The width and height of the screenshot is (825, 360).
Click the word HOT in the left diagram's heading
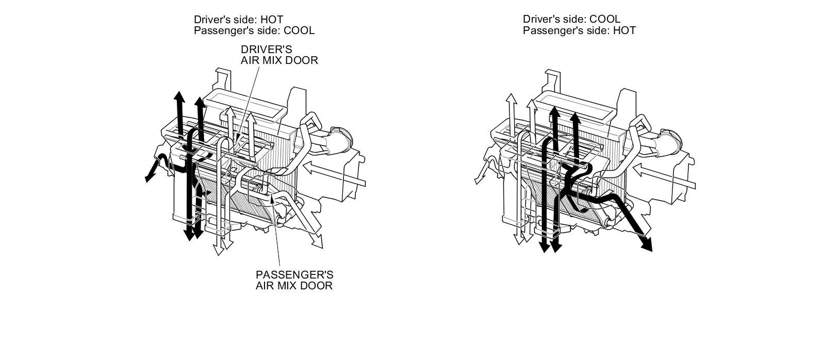272,20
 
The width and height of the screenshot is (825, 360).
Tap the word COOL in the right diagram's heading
605,20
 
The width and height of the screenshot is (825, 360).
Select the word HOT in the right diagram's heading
624,30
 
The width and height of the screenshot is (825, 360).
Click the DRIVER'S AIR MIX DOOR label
279,55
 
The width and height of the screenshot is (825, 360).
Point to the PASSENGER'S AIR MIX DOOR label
294,280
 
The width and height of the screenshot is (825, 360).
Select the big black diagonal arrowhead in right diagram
646,247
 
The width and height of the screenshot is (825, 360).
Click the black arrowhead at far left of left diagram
149,177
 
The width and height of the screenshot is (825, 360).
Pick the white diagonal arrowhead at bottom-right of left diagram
318,242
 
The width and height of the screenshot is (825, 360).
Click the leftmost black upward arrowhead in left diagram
178,97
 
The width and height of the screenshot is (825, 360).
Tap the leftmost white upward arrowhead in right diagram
510,99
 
